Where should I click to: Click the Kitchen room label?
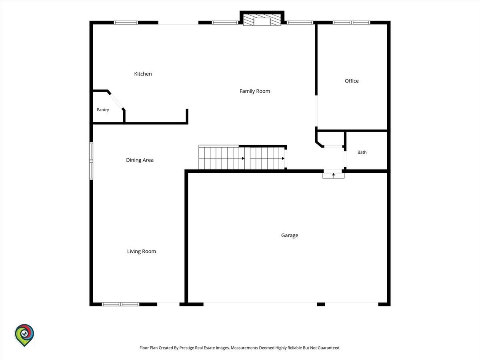click(143, 74)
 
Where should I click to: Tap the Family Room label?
click(254, 91)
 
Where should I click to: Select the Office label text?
click(352, 81)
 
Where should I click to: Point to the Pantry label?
click(103, 110)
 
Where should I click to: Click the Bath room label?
click(362, 152)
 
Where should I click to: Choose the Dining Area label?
click(140, 160)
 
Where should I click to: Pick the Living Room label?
click(142, 251)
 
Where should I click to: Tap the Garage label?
click(290, 236)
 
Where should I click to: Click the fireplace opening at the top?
click(262, 22)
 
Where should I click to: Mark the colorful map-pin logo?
click(24, 335)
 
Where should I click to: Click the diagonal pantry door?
click(116, 101)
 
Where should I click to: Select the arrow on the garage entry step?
click(334, 175)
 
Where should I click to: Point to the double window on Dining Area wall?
click(91, 161)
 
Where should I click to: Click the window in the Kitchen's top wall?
click(126, 22)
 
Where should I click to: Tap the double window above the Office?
click(352, 22)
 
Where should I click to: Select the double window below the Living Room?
click(120, 304)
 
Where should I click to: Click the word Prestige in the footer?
click(186, 348)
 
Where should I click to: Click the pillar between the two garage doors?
click(321, 304)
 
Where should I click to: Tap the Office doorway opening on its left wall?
click(316, 111)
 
